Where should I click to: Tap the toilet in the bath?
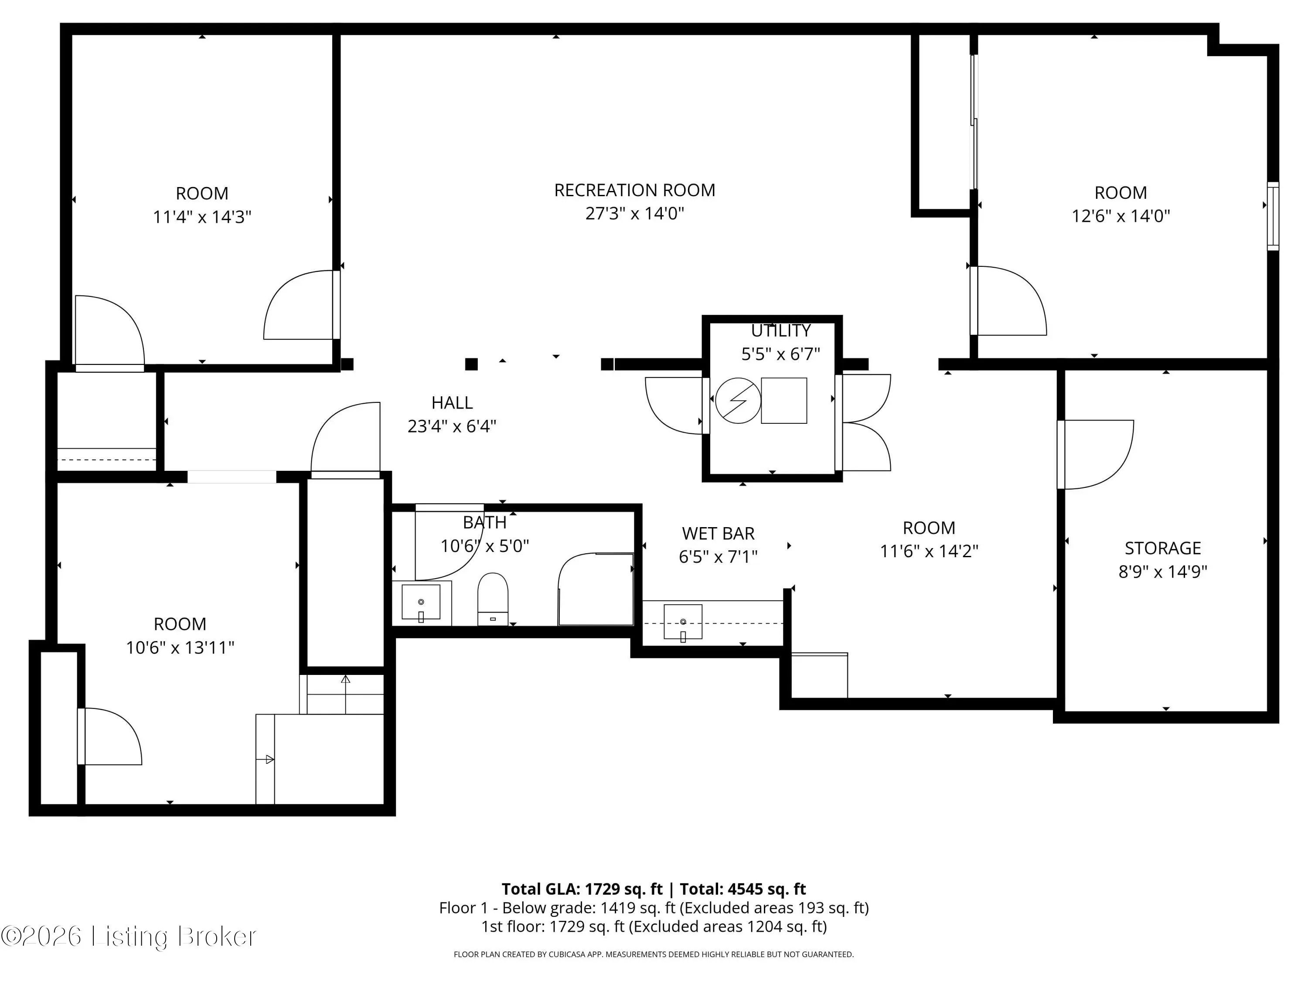[493, 599]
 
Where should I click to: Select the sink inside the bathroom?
[421, 602]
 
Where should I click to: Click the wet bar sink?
[683, 621]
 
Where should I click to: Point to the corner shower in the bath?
[596, 589]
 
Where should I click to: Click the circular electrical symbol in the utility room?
[738, 400]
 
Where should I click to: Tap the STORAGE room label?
[1162, 548]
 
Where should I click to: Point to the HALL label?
[452, 403]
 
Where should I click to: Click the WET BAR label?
[718, 533]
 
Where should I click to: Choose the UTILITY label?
[780, 330]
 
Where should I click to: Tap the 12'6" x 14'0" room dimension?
[1121, 216]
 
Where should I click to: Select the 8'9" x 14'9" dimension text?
[1162, 571]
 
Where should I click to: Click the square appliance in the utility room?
[783, 400]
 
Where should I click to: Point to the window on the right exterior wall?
[1273, 216]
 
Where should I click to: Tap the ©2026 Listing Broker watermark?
[129, 936]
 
